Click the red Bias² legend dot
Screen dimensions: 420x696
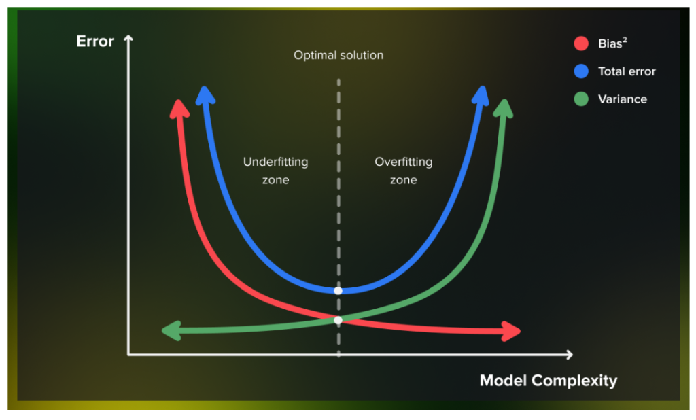pos(580,44)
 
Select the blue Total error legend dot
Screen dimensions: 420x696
pos(580,71)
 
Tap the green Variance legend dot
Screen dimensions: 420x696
pos(580,99)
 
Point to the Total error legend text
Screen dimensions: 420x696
pos(627,71)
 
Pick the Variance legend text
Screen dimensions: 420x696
pos(622,99)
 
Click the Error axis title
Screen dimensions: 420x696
pos(95,41)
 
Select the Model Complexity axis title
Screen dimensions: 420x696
pos(549,380)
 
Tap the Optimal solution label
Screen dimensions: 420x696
pos(338,55)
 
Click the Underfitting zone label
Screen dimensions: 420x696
pos(275,171)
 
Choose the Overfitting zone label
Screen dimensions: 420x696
pos(403,171)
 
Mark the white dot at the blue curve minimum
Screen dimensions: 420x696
pos(338,290)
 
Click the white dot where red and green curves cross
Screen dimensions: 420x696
pos(338,319)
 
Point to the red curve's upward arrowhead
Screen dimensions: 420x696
pos(179,109)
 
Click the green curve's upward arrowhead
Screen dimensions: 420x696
pos(504,108)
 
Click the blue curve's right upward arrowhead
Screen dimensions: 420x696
pos(481,95)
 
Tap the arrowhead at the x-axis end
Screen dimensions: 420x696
pos(568,354)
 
